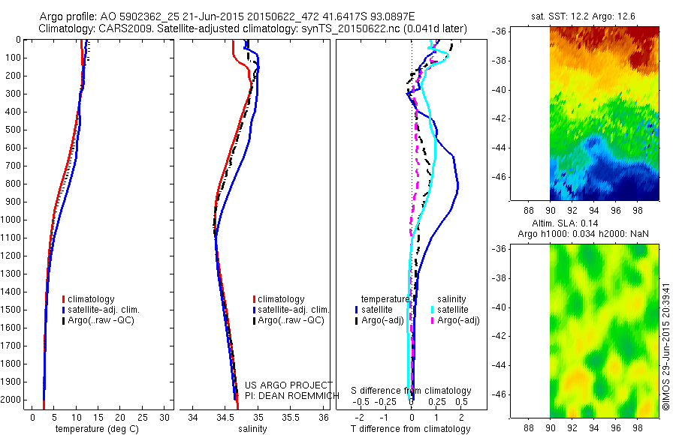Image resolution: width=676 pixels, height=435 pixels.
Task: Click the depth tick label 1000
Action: tap(13, 220)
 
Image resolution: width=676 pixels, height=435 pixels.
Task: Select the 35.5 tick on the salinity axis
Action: tap(291, 416)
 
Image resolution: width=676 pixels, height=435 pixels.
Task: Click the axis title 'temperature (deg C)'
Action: tap(95, 429)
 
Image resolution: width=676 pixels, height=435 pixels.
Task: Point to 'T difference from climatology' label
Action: tap(411, 429)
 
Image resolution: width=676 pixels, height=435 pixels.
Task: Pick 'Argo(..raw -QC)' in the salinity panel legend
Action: tap(291, 320)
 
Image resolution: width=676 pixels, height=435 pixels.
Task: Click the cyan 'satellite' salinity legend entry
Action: tap(453, 310)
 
